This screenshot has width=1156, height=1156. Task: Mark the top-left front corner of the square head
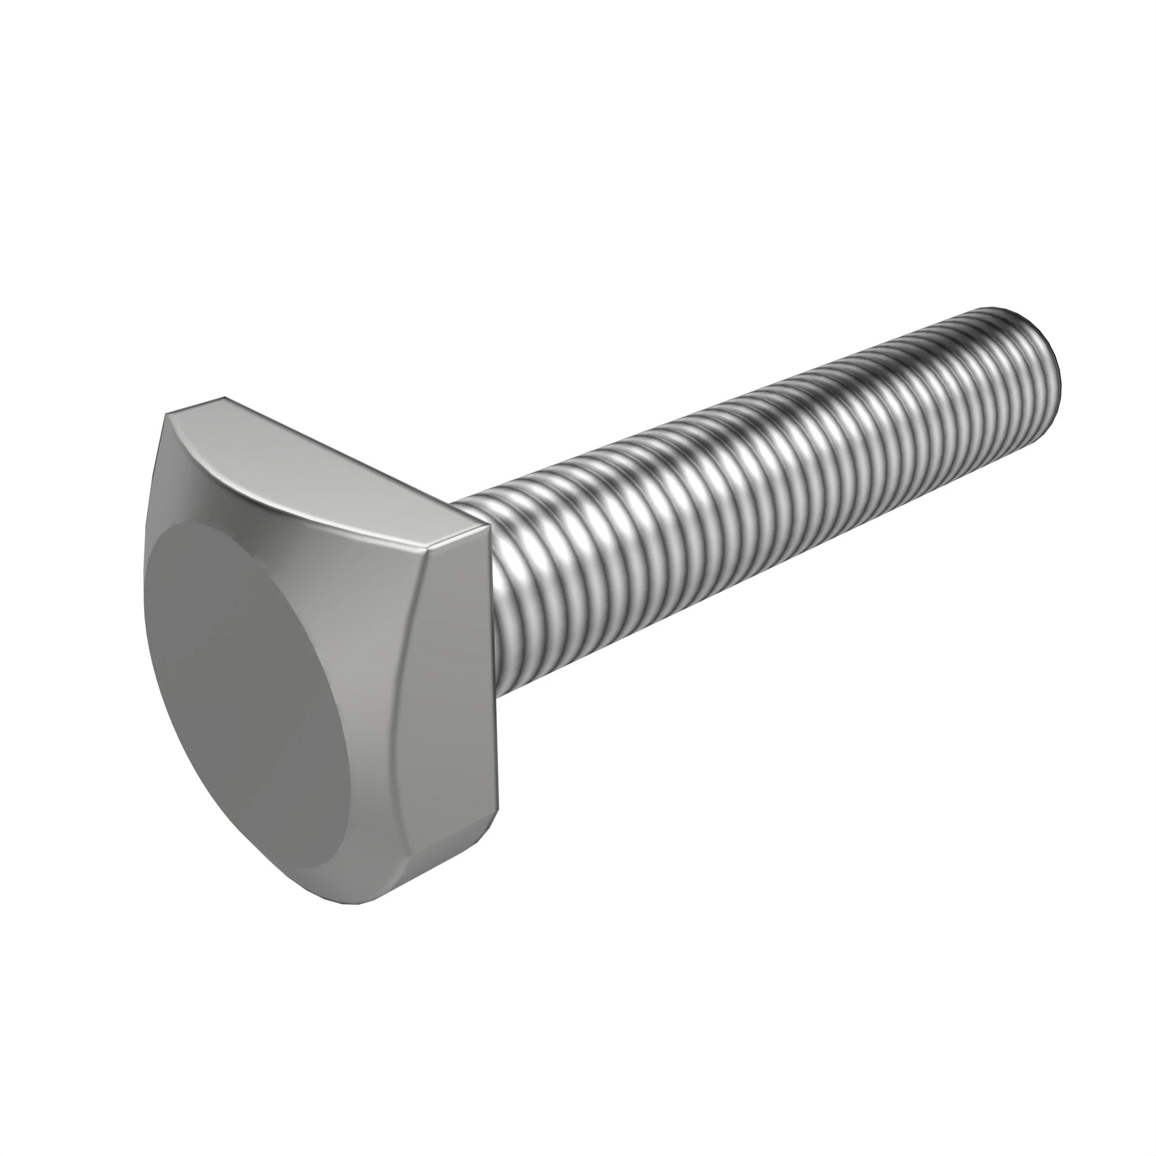point(166,414)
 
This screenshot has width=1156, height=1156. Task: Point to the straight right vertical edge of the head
point(494,676)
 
